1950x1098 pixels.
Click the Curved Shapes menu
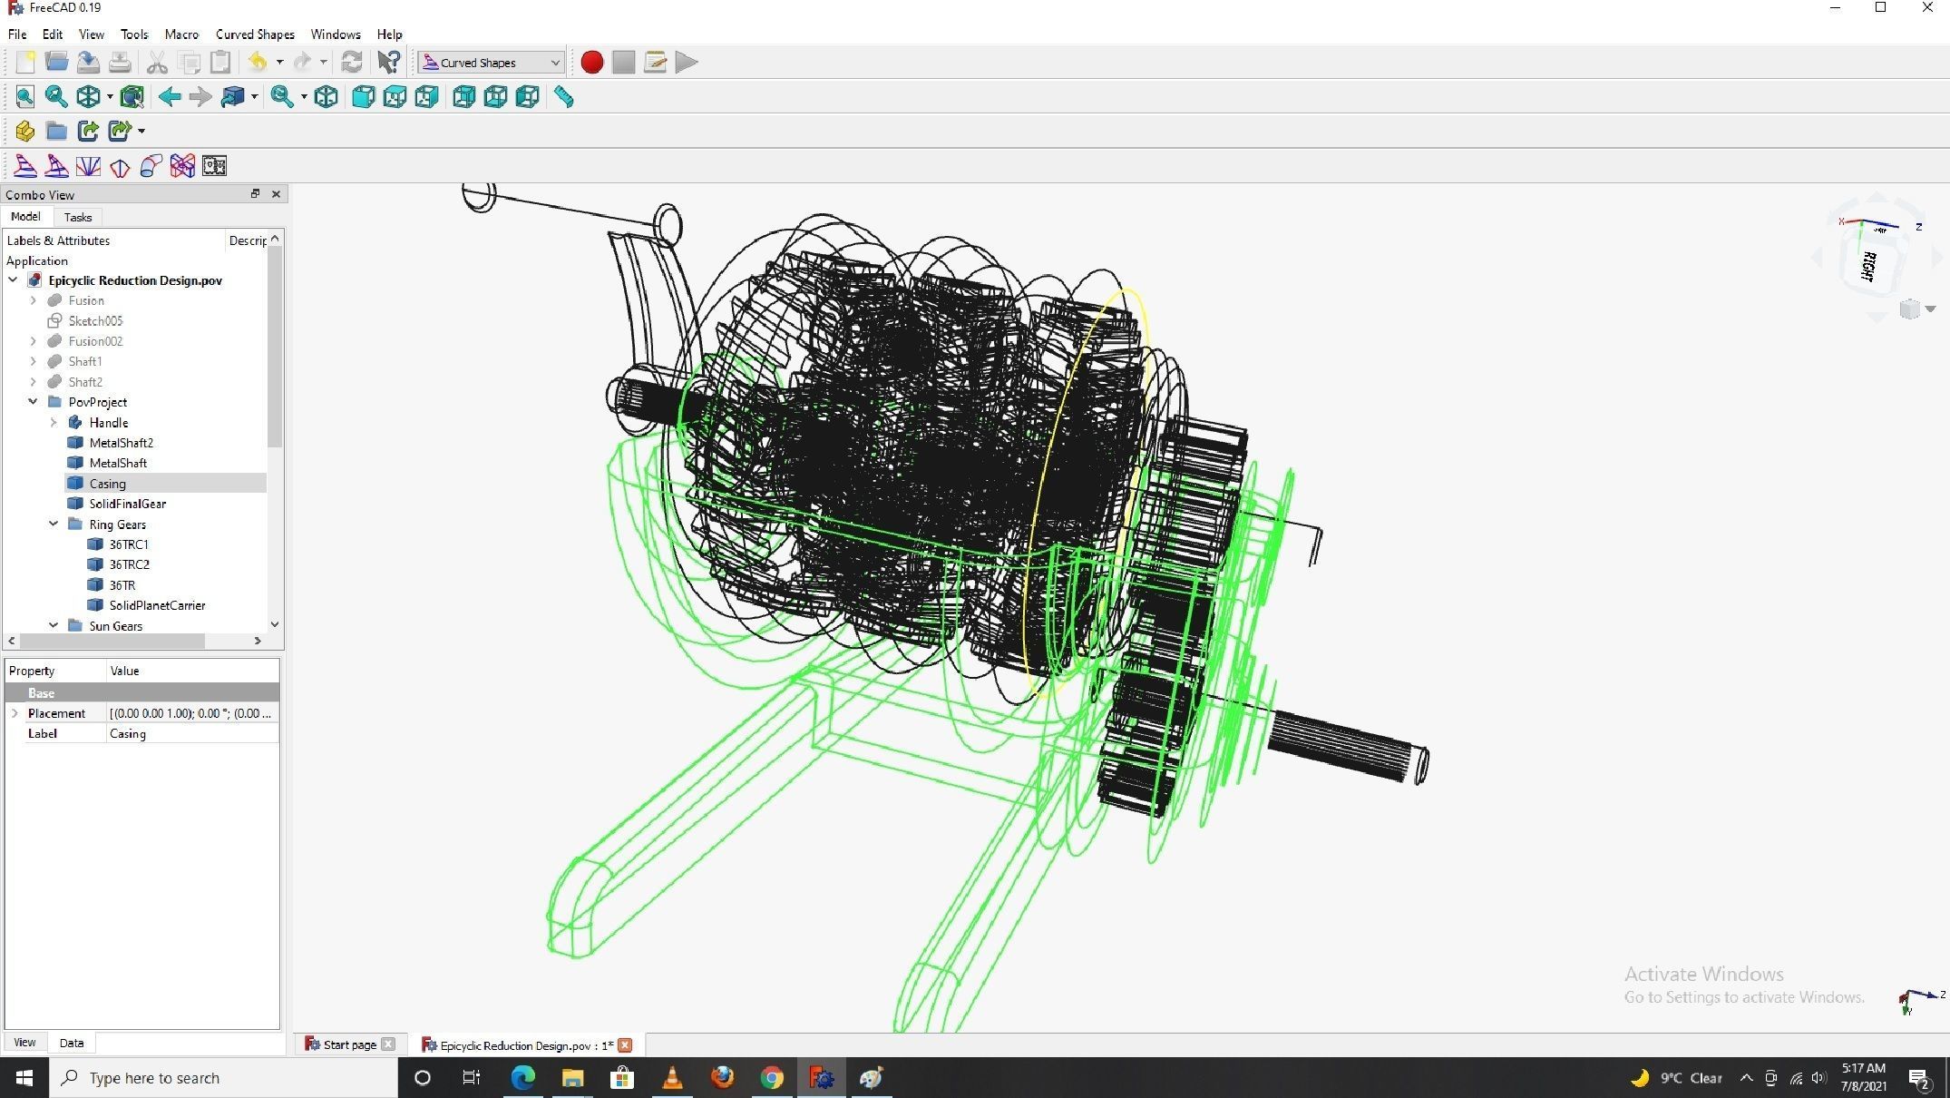click(x=255, y=34)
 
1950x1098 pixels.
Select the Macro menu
click(x=181, y=34)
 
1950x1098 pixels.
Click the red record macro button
click(x=591, y=62)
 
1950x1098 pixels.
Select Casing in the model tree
click(x=107, y=484)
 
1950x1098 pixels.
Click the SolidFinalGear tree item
click(x=127, y=504)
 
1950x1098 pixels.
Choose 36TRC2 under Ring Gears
click(x=129, y=564)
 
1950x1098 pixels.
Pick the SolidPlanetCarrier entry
click(x=157, y=605)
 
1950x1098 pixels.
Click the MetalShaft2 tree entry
click(x=121, y=443)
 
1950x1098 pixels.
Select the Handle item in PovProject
click(x=108, y=423)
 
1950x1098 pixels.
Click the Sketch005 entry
click(x=95, y=321)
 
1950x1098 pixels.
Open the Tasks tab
click(x=78, y=218)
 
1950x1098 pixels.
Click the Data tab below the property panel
click(x=72, y=1043)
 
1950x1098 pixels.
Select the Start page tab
click(x=349, y=1044)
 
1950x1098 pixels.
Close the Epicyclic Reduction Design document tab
click(x=625, y=1044)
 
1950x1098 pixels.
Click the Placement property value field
click(x=190, y=713)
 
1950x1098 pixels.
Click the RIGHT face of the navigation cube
click(x=1868, y=267)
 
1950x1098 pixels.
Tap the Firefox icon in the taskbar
click(x=722, y=1078)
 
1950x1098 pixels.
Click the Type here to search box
click(x=227, y=1078)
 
